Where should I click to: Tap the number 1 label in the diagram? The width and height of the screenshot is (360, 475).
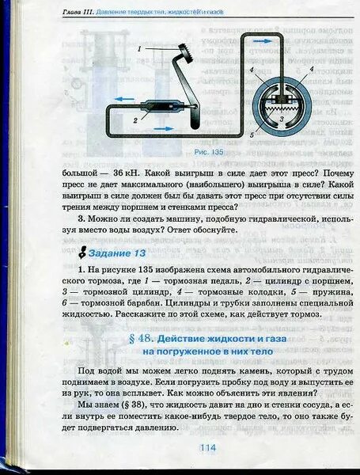pos(138,49)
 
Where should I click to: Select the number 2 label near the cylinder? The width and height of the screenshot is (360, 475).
pos(135,120)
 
